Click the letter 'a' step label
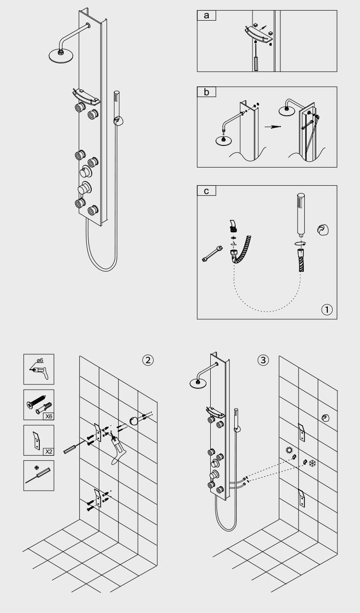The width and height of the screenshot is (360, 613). click(206, 15)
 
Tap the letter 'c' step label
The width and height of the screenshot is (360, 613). click(206, 191)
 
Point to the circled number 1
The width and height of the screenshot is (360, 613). click(326, 310)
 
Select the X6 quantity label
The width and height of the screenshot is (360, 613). click(48, 416)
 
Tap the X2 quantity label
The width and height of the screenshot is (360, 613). click(48, 451)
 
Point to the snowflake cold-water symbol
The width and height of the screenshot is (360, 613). click(312, 464)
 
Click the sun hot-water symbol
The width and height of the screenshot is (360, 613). click(289, 451)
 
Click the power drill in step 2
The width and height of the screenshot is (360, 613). click(119, 449)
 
